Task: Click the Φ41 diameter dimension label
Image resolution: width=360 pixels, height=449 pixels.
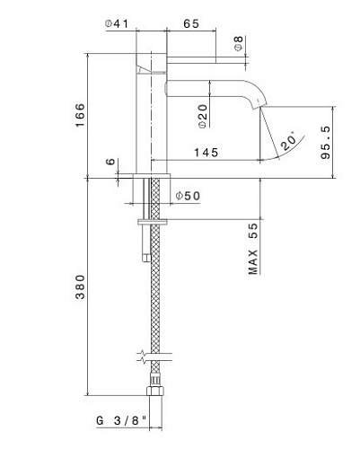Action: pyautogui.click(x=117, y=23)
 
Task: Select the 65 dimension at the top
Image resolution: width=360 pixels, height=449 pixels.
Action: pyautogui.click(x=191, y=23)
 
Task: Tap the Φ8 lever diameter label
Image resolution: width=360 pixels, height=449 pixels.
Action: pyautogui.click(x=239, y=43)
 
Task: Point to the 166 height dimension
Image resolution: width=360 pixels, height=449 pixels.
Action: pyautogui.click(x=80, y=115)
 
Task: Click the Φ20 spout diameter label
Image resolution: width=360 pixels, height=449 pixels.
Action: pyautogui.click(x=203, y=116)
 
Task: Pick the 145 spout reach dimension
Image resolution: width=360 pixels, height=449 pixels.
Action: pyautogui.click(x=206, y=153)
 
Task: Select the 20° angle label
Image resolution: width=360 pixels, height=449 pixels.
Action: pyautogui.click(x=288, y=142)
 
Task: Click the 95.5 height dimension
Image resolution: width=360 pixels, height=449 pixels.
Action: pyautogui.click(x=326, y=143)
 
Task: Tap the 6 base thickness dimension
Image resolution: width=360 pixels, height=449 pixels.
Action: pyautogui.click(x=110, y=162)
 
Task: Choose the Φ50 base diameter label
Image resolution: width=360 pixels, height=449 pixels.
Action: pyautogui.click(x=188, y=196)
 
